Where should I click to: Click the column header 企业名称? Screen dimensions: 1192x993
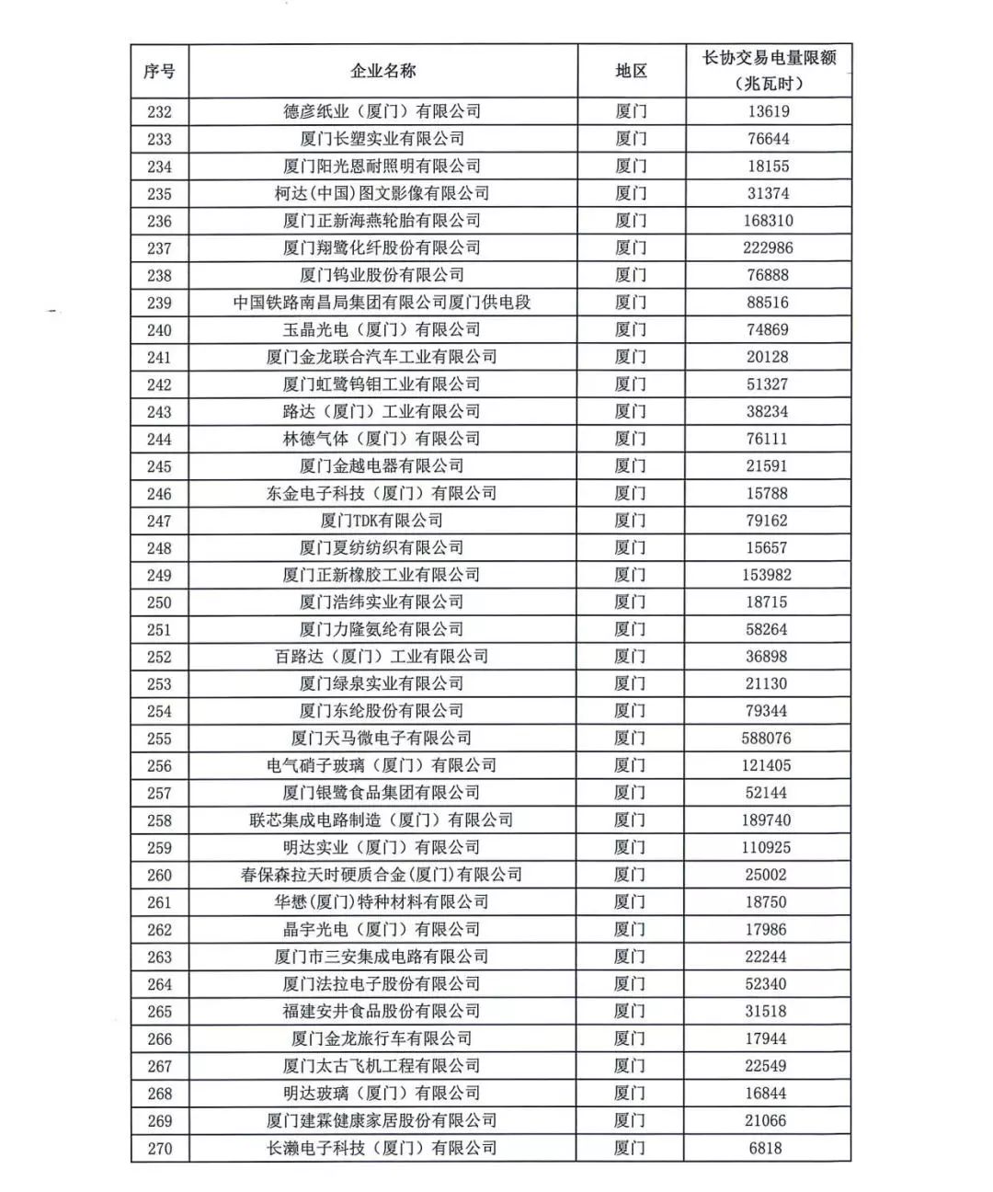[382, 71]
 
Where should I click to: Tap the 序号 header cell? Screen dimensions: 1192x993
[159, 71]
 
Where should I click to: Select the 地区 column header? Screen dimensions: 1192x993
[631, 71]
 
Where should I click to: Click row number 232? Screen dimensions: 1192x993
[159, 112]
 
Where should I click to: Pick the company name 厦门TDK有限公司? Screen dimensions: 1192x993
[382, 521]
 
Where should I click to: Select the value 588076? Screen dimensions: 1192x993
[768, 739]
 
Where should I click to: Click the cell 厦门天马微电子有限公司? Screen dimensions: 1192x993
[382, 739]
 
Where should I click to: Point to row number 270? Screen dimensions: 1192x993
[159, 1148]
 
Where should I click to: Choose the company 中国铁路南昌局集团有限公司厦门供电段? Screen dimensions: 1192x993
[382, 303]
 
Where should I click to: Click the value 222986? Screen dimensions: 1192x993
[768, 248]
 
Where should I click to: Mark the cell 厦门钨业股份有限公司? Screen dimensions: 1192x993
[382, 275]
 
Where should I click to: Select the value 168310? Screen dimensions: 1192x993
[768, 221]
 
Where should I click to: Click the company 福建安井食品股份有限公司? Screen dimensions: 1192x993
[382, 1011]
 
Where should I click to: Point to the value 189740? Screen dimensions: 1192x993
[768, 820]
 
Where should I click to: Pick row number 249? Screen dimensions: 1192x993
[159, 575]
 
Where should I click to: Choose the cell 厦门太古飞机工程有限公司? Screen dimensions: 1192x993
[382, 1066]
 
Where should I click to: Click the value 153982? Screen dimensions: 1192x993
[768, 575]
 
